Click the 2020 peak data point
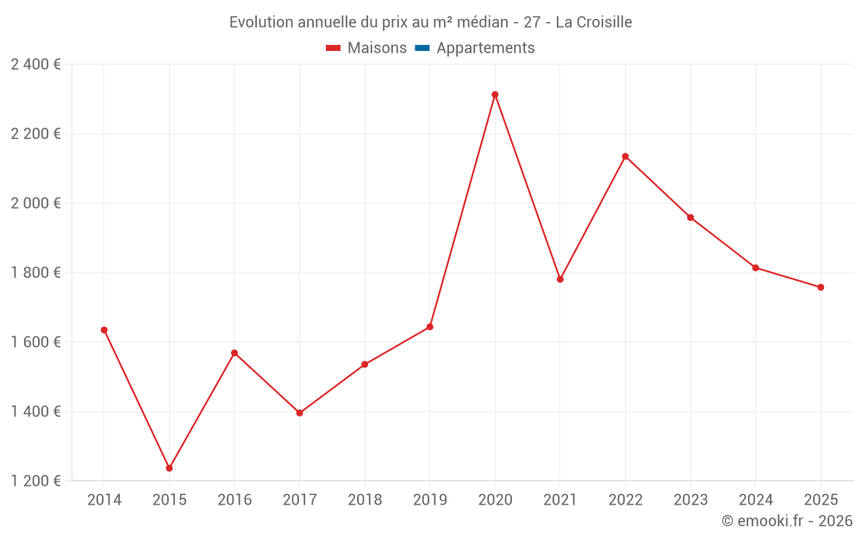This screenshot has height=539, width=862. point(495,95)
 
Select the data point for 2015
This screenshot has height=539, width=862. point(169,468)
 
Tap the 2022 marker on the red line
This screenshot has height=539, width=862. point(625,156)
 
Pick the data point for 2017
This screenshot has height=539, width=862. point(299,413)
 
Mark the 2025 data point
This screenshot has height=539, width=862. point(821,287)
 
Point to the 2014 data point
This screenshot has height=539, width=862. point(104,330)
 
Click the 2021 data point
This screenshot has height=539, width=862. point(560,279)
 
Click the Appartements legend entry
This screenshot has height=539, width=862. point(485,48)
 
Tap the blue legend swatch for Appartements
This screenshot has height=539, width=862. point(422,48)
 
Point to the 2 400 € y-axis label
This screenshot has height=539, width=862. point(36,65)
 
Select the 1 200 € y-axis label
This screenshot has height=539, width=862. point(36,481)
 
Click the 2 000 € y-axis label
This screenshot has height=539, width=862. point(36,204)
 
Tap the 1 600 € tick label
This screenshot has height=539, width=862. point(36,342)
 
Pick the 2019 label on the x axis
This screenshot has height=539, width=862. point(429,500)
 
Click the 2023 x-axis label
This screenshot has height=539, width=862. point(690,500)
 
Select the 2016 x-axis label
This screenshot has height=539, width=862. point(234,500)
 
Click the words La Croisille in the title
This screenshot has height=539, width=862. point(594,22)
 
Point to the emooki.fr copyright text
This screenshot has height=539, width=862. point(787,521)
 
